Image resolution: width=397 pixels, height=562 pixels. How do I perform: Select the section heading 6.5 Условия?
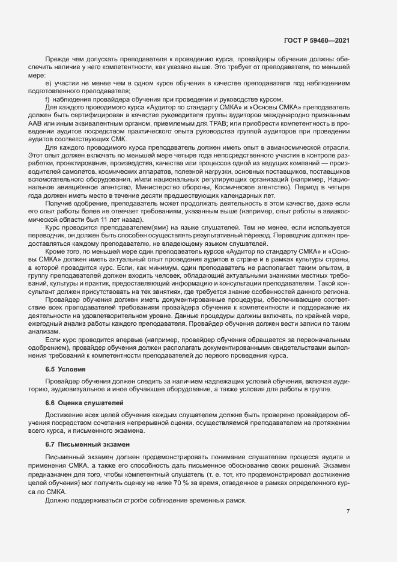66,369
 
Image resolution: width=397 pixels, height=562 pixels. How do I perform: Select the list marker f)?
47,99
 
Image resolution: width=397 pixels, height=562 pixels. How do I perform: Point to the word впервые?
126,340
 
